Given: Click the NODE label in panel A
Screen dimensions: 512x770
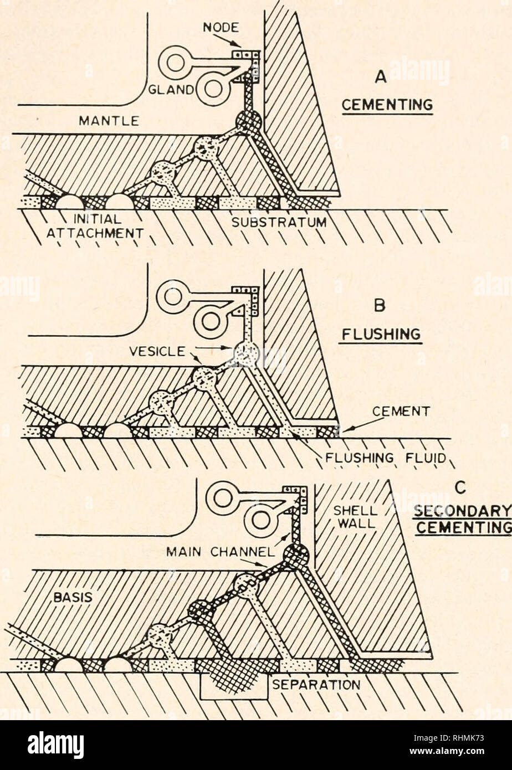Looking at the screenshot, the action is [x=221, y=28].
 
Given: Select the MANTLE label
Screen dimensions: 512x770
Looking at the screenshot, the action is [x=109, y=120].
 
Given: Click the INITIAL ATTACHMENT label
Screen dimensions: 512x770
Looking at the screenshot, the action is [x=94, y=227].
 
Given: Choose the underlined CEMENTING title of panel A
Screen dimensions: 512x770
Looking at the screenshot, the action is [x=387, y=104].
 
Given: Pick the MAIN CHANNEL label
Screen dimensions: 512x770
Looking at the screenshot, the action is [x=221, y=552].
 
